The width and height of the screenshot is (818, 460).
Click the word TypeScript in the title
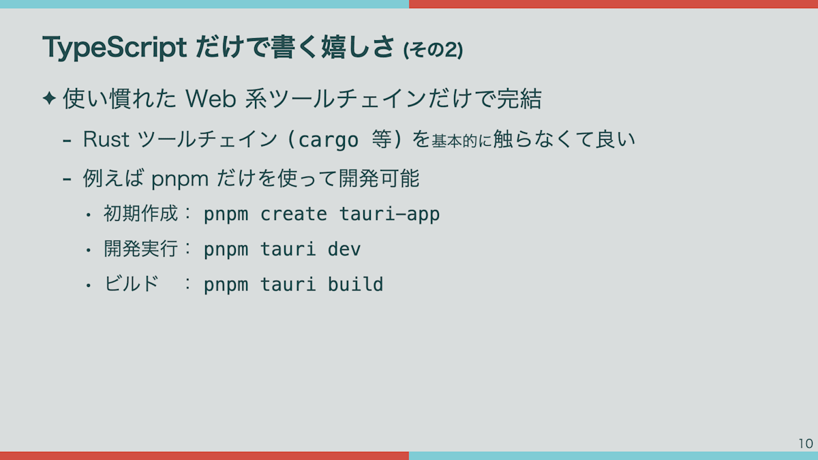pos(115,48)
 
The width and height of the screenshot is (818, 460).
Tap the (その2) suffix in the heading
pos(433,50)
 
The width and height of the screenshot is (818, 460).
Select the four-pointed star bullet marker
pos(49,98)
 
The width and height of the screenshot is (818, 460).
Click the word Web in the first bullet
pos(211,99)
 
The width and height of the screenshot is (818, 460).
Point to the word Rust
pos(106,139)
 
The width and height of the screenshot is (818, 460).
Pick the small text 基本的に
pos(461,141)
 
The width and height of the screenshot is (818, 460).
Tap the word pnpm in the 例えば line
pos(180,180)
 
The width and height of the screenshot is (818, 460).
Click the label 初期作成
pos(140,213)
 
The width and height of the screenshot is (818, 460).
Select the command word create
pos(294,214)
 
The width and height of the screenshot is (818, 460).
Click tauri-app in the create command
pos(390,215)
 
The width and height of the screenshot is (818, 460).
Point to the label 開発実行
pos(140,249)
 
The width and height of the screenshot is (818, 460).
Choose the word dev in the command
pos(344,249)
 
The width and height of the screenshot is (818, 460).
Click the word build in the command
pos(355,284)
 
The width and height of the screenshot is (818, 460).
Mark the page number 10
pos(806,444)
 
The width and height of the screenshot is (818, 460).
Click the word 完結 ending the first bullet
pos(519,99)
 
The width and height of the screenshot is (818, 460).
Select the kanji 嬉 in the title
pos(333,48)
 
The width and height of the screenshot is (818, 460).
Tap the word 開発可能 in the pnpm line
pos(379,179)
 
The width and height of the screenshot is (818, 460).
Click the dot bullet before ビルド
pos(88,286)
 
